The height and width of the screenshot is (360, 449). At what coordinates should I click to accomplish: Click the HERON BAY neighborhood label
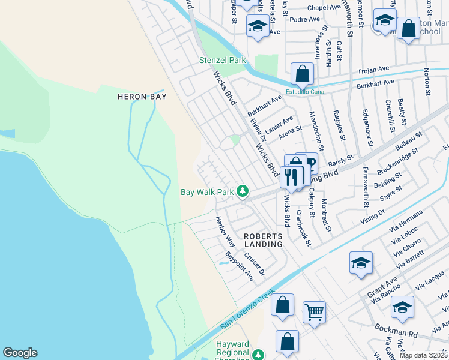(142, 96)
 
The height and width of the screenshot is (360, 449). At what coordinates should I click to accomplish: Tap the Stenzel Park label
(223, 61)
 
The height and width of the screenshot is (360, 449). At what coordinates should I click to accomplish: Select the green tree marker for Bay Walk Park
(243, 191)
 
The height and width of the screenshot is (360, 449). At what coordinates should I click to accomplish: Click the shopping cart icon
(314, 312)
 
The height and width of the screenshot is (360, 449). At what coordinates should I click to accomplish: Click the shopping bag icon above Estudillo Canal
(303, 75)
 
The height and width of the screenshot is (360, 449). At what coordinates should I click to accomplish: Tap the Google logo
(20, 353)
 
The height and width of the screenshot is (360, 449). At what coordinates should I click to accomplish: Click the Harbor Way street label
(225, 232)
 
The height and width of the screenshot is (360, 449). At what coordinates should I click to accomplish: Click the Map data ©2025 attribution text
(423, 355)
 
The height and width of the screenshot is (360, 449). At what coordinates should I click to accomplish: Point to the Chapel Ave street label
(324, 8)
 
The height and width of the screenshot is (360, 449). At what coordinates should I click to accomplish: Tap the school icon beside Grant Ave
(361, 263)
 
